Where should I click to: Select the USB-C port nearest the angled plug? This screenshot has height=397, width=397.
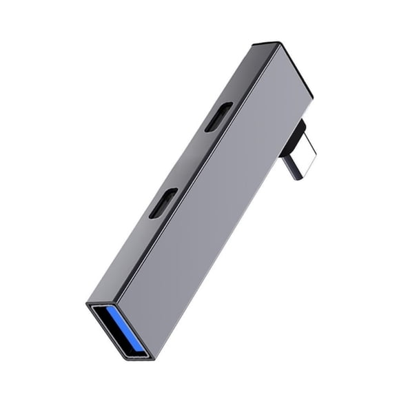[218, 116]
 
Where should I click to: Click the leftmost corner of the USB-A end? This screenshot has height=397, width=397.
[87, 303]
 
